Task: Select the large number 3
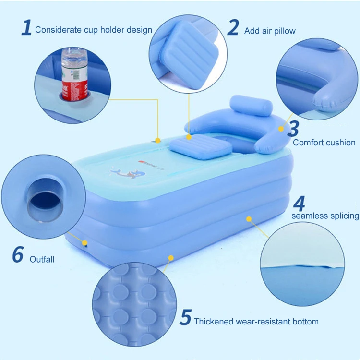pos(293,129)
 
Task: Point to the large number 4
pos(299,204)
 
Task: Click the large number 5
pos(185,317)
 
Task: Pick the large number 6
pos(18,255)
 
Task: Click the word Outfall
pos(42,259)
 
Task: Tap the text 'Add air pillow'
pos(270,31)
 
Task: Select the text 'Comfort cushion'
pos(324,142)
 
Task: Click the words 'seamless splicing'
pos(325,216)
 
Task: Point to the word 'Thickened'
pos(213,321)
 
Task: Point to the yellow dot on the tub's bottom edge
pos(170,258)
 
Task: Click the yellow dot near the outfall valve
pos(85,243)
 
